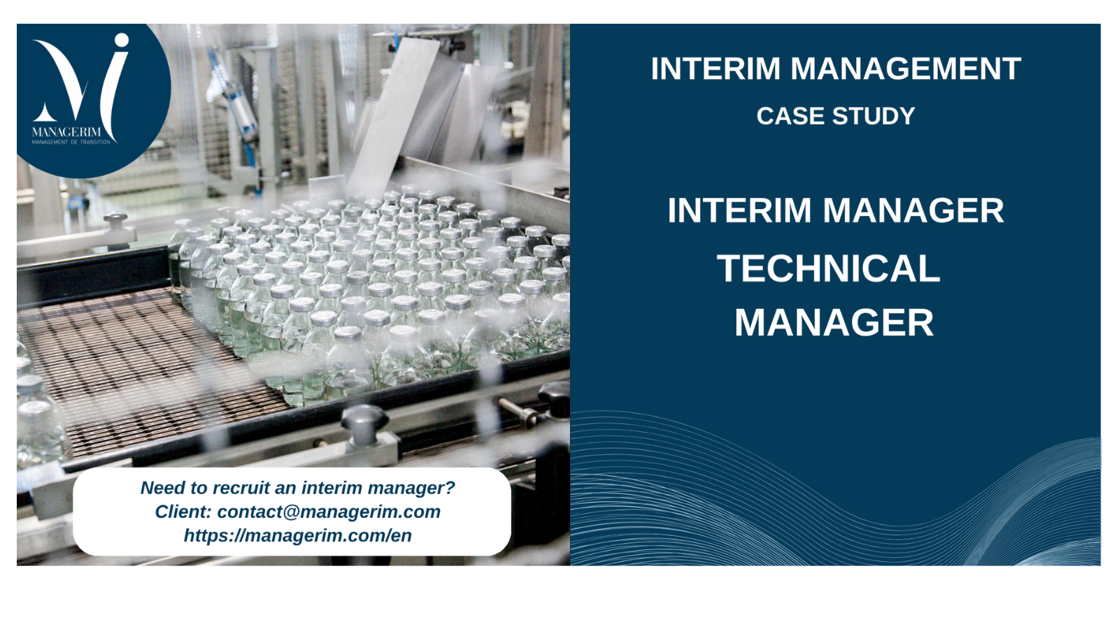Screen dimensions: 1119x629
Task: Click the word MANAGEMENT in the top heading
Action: coord(906,68)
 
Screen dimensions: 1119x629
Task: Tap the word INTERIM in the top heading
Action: coord(715,68)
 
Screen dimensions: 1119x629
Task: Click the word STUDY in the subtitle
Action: coord(874,116)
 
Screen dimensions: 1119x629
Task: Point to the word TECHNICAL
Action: coord(829,268)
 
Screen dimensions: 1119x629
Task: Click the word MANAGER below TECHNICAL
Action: coord(834,322)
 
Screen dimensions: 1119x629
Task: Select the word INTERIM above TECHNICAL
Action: coord(739,210)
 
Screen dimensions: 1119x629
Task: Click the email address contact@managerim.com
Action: coord(329,512)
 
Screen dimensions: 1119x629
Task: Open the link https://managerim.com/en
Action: coord(298,535)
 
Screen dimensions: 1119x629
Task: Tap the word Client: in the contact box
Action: coord(183,512)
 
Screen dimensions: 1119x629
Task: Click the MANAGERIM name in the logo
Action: coord(66,132)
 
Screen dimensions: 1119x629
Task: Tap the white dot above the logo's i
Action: coord(122,41)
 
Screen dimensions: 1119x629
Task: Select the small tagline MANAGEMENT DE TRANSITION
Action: coord(71,143)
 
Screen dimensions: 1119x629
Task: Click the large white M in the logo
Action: coord(62,80)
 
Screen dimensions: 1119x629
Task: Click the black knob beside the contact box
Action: coord(364,424)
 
